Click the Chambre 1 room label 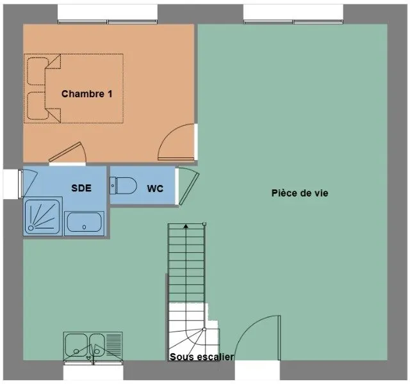pyautogui.click(x=87, y=94)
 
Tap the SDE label pyautogui.click(x=81, y=188)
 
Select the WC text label pyautogui.click(x=155, y=189)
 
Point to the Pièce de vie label pyautogui.click(x=300, y=193)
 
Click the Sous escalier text pyautogui.click(x=202, y=357)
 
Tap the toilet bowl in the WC pyautogui.click(x=126, y=186)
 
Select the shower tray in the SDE pyautogui.click(x=43, y=216)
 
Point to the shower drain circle pyautogui.click(x=31, y=228)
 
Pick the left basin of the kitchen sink pyautogui.click(x=76, y=346)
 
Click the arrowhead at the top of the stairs pyautogui.click(x=186, y=226)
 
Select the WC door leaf pyautogui.click(x=189, y=188)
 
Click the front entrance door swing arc pyautogui.click(x=249, y=324)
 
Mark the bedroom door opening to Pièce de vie pyautogui.click(x=176, y=141)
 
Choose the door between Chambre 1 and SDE pyautogui.click(x=68, y=152)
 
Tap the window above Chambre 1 pyautogui.click(x=108, y=22)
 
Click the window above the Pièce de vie pyautogui.click(x=293, y=22)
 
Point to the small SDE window pyautogui.click(x=20, y=184)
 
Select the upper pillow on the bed pyautogui.click(x=37, y=71)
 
